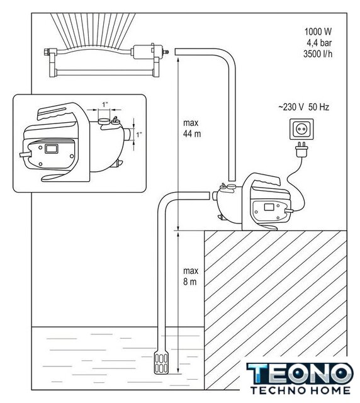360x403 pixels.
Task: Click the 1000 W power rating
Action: coord(318,31)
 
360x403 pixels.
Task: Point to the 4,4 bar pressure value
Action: coord(319,43)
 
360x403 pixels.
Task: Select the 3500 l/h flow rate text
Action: coord(318,54)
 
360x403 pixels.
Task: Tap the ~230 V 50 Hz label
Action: coord(303,107)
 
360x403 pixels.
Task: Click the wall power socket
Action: coord(301,129)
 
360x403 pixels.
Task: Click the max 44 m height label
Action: coord(192,128)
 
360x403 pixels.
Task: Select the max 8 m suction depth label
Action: coord(191,276)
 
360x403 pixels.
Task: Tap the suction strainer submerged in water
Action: coord(161,363)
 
